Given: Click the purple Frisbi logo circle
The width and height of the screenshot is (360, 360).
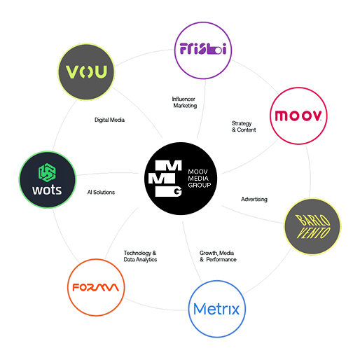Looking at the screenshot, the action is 203,50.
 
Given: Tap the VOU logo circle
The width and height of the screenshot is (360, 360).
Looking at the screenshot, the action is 86,72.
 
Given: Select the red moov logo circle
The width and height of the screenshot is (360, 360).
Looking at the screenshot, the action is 298,116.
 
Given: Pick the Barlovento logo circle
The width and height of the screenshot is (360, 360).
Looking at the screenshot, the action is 312,226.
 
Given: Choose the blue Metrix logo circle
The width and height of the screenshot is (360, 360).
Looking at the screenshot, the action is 217,309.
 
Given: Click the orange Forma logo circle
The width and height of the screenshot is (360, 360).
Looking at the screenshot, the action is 96,287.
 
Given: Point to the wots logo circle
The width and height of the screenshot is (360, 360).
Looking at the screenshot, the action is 48,179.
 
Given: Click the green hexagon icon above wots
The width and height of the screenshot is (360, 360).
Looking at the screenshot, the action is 47,172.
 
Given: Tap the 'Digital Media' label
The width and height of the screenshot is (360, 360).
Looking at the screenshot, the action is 109,120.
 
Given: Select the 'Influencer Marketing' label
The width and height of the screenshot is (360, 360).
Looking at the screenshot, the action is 184,102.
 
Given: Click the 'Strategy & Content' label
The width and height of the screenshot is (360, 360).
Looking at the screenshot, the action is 244,127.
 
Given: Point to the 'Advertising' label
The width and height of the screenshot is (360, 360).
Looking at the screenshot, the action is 254,200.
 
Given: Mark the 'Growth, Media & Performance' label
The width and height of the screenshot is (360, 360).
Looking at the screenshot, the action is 218,256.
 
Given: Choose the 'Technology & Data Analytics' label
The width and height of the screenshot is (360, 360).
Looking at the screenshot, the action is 140,256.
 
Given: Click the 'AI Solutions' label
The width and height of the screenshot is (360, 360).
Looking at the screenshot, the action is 101,192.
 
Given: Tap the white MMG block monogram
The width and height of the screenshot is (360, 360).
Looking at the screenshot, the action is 165,179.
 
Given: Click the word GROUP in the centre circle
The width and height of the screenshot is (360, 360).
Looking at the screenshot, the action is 200,186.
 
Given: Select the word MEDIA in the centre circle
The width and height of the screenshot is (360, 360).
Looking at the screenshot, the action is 198,179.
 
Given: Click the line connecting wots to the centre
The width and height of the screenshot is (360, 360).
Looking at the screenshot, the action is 107,173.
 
